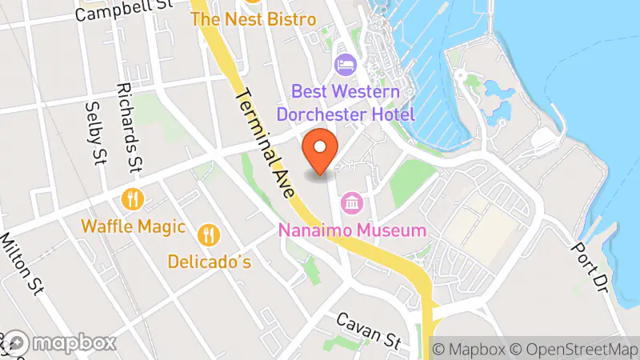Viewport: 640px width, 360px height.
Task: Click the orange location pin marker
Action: [x=320, y=150]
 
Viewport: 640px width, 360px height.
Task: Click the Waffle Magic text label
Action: [x=133, y=227]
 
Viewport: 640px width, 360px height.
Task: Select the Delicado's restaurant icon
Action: [x=209, y=233]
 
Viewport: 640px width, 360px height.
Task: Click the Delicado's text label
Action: [x=210, y=261]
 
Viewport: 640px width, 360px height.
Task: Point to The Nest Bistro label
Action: [x=254, y=19]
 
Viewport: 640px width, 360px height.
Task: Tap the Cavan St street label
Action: [x=368, y=329]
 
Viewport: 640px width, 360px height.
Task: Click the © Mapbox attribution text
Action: [x=469, y=349]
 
